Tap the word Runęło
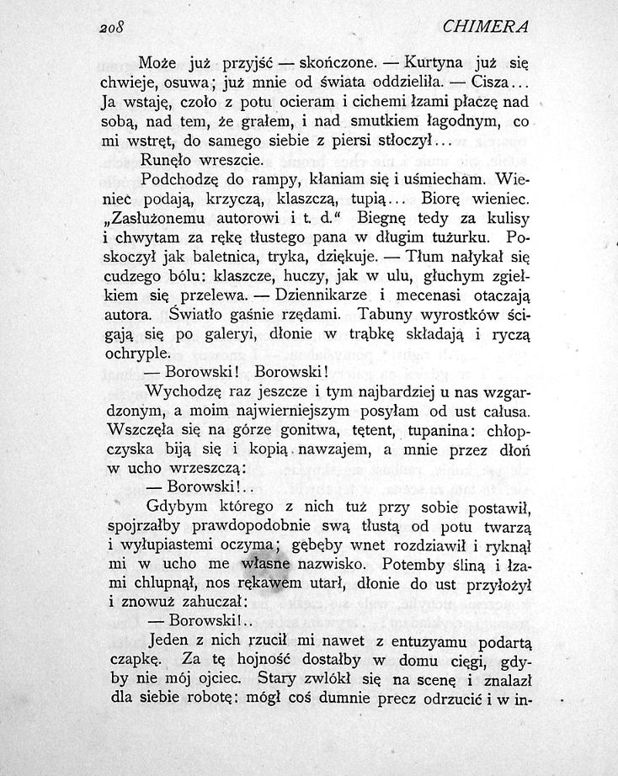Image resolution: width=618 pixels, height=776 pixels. [168, 159]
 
